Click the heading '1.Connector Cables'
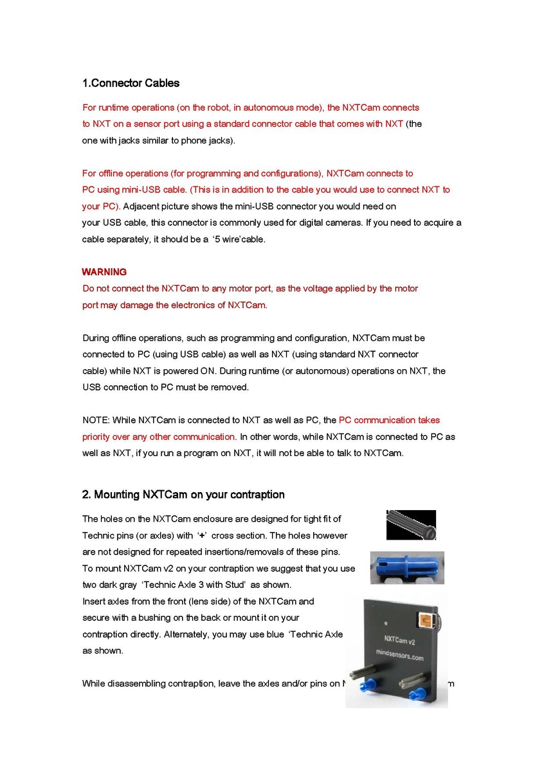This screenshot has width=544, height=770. pyautogui.click(x=131, y=83)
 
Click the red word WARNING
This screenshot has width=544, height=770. pyautogui.click(x=104, y=272)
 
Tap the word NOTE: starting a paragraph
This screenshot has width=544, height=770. pyautogui.click(x=96, y=421)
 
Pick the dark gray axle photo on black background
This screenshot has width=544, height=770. pyautogui.click(x=411, y=525)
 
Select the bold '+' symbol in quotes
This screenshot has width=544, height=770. pyautogui.click(x=201, y=536)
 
